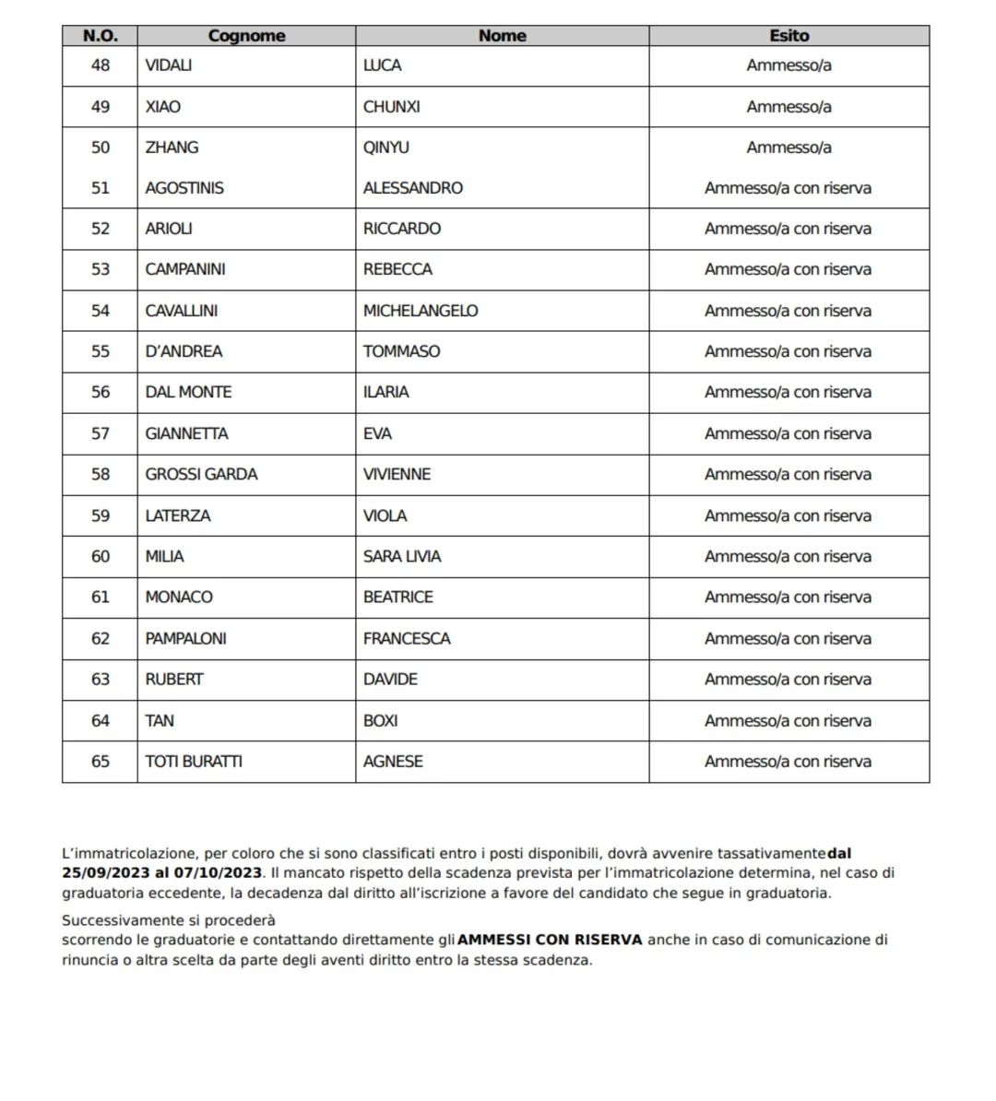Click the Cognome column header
246,36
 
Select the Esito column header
788,36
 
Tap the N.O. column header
100,36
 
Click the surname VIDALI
169,65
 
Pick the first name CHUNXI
391,107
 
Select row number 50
100,148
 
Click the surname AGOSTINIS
184,188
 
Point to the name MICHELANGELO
421,311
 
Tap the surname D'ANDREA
184,351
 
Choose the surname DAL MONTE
188,392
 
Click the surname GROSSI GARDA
201,474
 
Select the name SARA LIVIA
402,556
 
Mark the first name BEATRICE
397,597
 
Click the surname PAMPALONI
185,638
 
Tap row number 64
100,720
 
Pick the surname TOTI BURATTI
194,761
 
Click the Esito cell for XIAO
788,107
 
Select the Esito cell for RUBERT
788,679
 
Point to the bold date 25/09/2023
101,872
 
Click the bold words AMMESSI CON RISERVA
550,940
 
